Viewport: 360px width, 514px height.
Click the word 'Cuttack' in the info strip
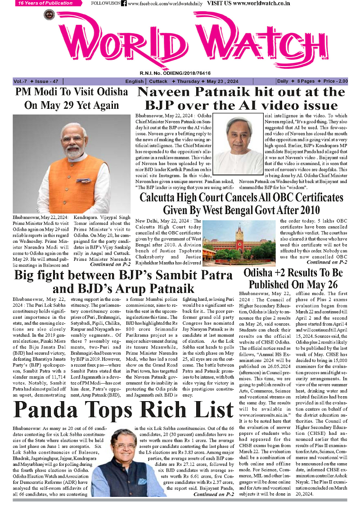coord(158,81)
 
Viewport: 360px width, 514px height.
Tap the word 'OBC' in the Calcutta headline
coord(269,197)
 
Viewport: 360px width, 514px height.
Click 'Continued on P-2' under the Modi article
coord(110,265)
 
